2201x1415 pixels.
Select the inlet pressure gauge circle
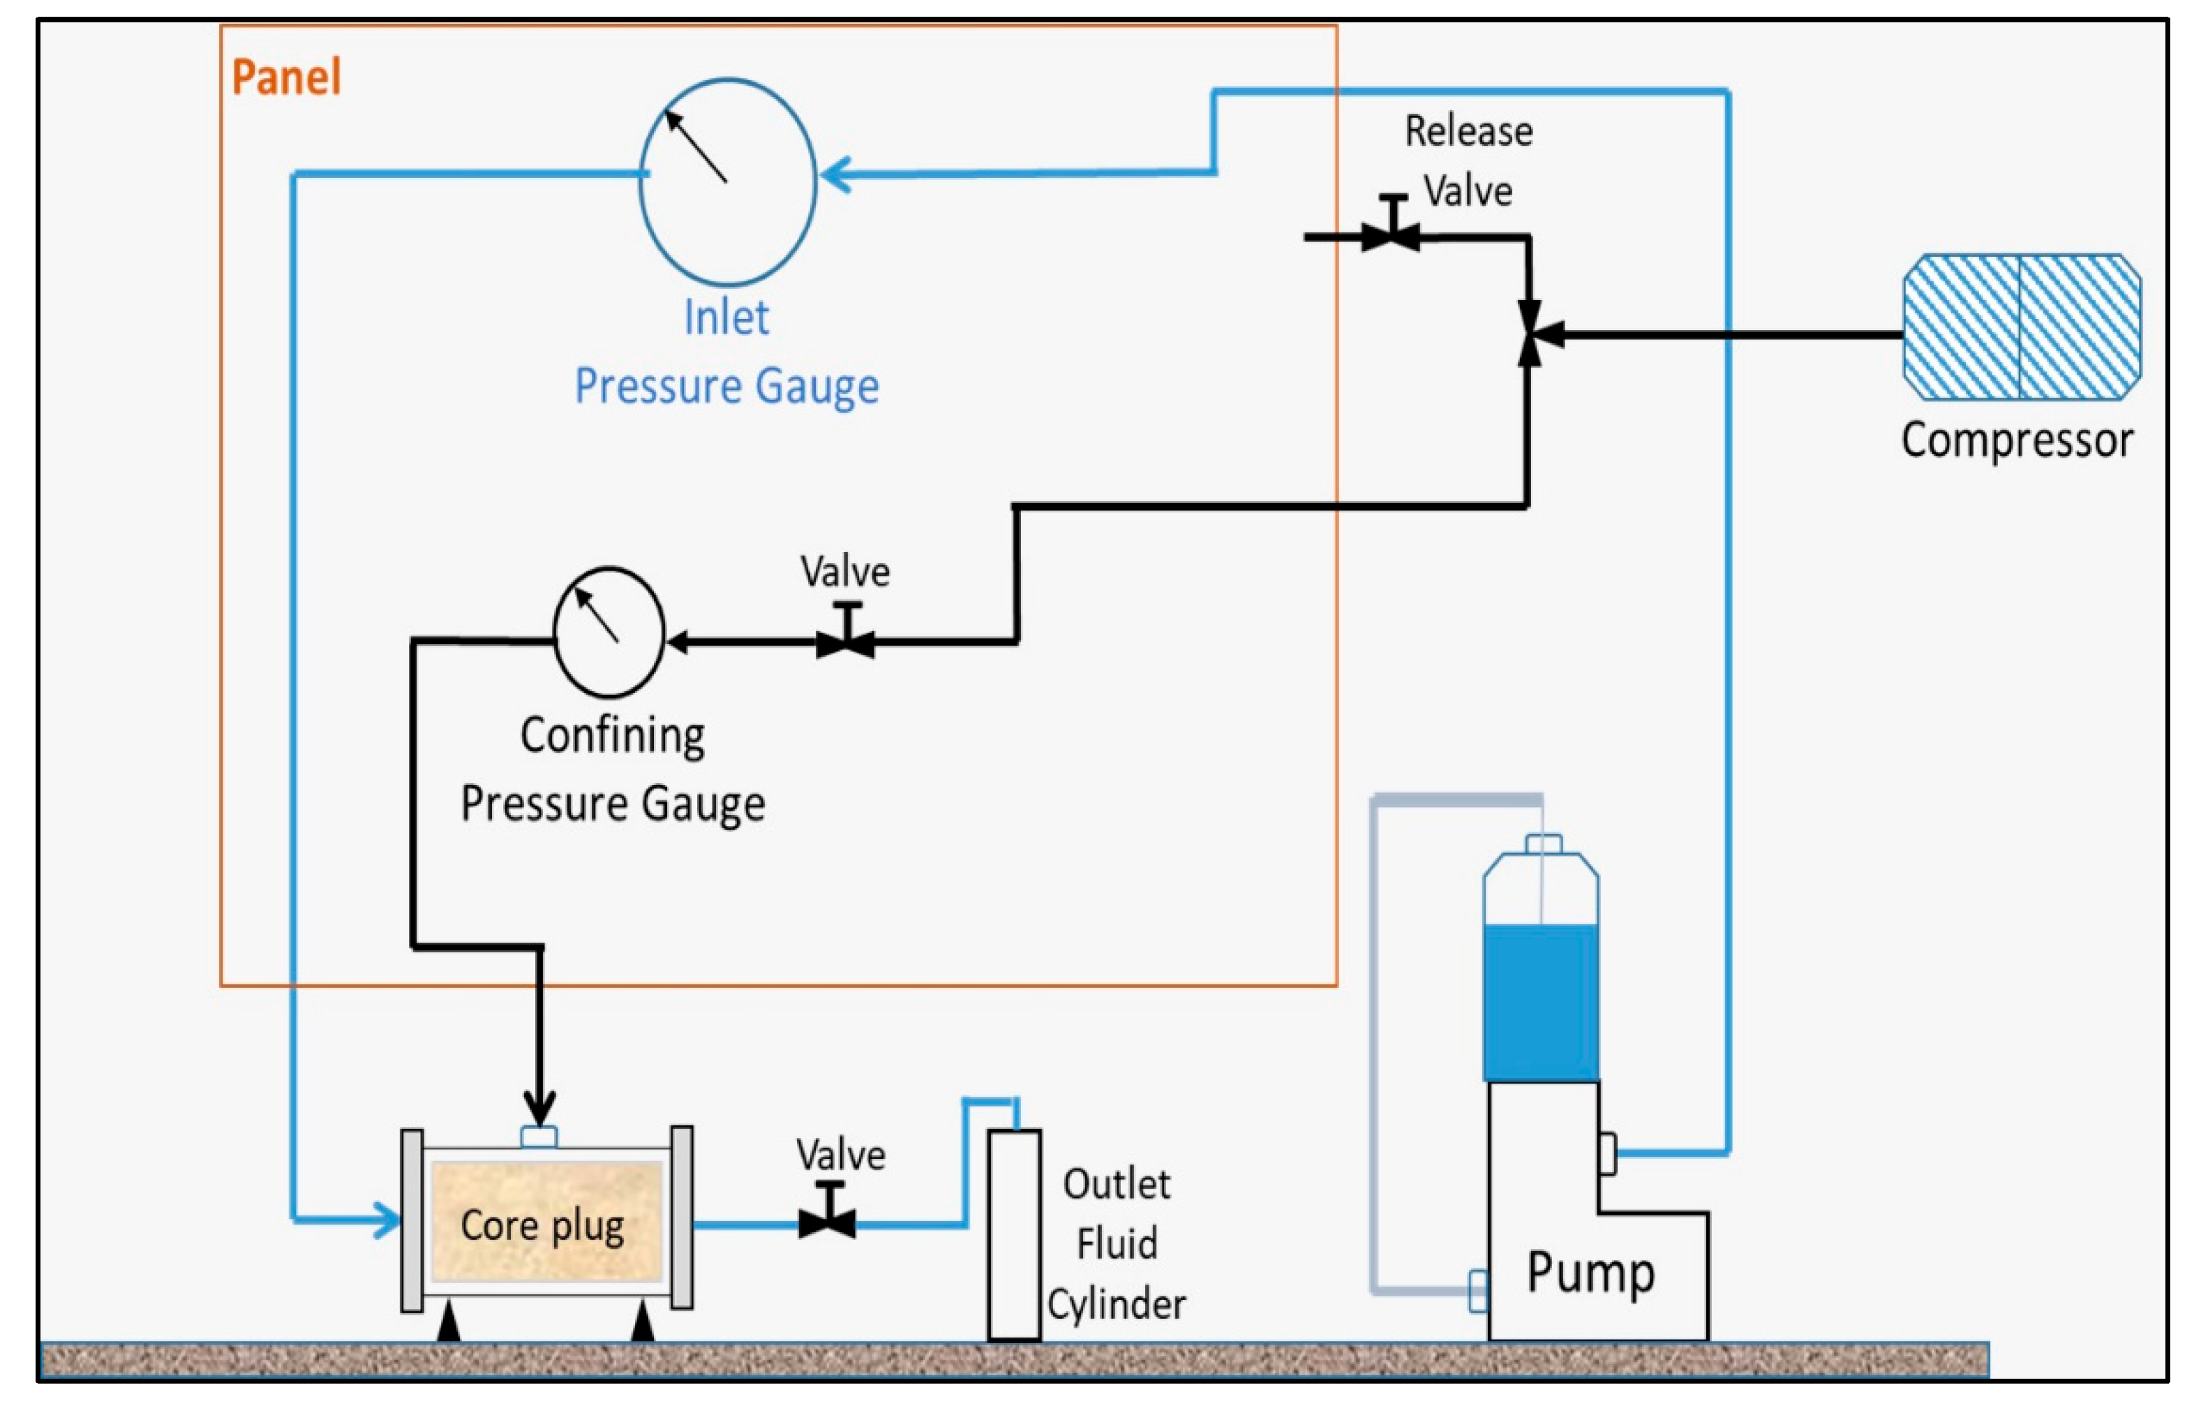coord(727,182)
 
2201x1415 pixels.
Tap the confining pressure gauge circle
coord(609,632)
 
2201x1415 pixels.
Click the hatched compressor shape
coord(2020,327)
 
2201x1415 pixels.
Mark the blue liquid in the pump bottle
coord(1540,1001)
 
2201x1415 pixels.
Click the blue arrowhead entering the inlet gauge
coord(835,174)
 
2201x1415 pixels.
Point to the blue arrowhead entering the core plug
coord(387,1220)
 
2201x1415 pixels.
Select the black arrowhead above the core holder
coord(539,1107)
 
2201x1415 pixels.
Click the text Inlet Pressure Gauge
coord(726,352)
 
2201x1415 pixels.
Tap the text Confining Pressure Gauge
coord(613,769)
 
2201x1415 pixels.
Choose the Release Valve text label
coord(1468,160)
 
